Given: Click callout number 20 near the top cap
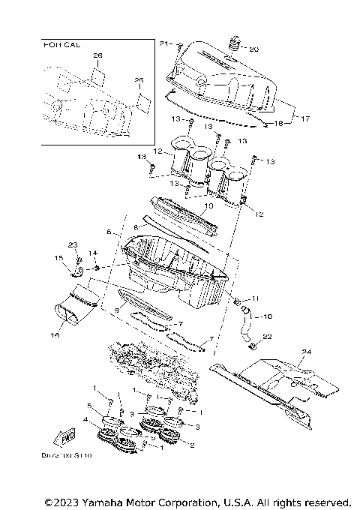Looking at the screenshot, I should point(253,49).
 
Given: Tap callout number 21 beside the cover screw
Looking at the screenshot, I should point(168,43).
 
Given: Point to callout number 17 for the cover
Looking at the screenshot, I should point(304,118).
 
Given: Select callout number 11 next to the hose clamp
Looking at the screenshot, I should point(256,298).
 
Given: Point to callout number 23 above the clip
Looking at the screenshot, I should point(73,244).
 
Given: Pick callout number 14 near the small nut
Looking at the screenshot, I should point(94,253).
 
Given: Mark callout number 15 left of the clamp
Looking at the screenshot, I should point(57,259).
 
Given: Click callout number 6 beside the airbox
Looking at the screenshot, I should point(109,232).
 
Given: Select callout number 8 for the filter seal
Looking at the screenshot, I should point(136,225).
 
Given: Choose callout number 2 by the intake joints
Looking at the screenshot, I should point(193,445).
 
